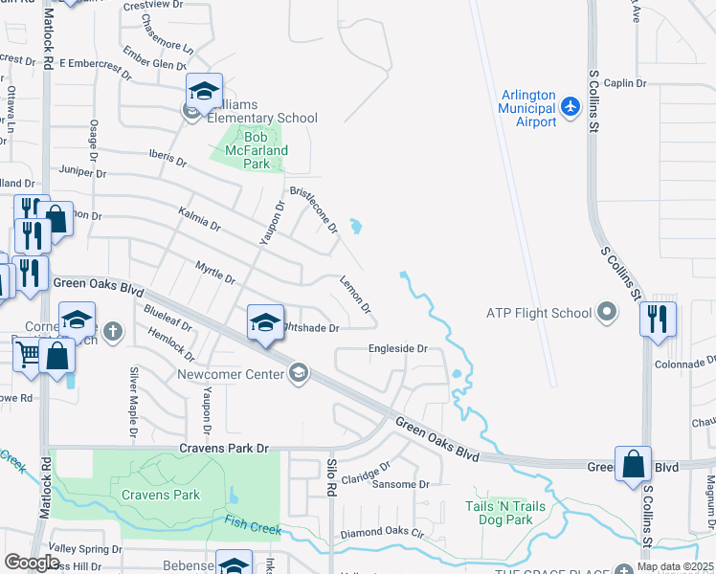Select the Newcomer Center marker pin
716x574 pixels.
(299, 373)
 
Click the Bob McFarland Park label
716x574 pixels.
(257, 150)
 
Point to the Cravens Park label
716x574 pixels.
(161, 495)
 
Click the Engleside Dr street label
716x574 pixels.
(397, 349)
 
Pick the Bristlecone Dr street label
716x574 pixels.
(314, 209)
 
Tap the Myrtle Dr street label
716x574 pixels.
(215, 272)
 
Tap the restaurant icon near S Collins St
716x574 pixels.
(658, 318)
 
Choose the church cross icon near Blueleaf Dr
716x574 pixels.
(113, 332)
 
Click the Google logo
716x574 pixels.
(32, 562)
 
